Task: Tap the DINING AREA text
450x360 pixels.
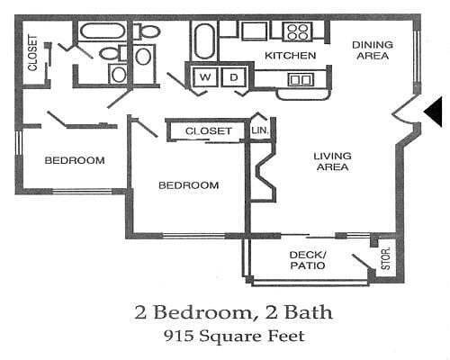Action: point(370,50)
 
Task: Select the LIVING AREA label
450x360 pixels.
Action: point(331,162)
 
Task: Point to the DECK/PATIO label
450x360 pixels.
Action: point(307,259)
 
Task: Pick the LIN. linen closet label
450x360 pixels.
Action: point(260,131)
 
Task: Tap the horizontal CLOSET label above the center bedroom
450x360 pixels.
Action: point(209,131)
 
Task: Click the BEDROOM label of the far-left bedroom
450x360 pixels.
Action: point(76,160)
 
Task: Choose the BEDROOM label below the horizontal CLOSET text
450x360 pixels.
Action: point(188,185)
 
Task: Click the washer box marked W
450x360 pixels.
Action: point(205,77)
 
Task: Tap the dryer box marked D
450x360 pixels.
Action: point(233,77)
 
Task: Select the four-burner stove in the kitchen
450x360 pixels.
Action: point(297,32)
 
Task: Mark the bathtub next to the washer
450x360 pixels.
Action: point(203,40)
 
